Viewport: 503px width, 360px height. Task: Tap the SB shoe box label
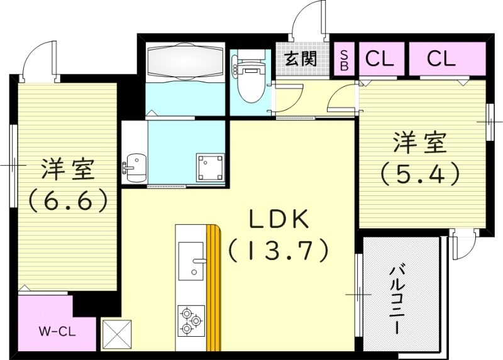click(344, 59)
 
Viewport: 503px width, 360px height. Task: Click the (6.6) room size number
click(68, 201)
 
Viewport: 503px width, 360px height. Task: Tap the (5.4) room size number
click(420, 173)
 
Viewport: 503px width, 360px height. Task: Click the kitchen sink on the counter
click(191, 261)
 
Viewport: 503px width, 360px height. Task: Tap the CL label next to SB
click(379, 59)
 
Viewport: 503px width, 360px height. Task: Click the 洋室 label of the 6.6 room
click(68, 170)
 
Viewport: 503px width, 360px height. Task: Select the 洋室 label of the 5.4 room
click(420, 143)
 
